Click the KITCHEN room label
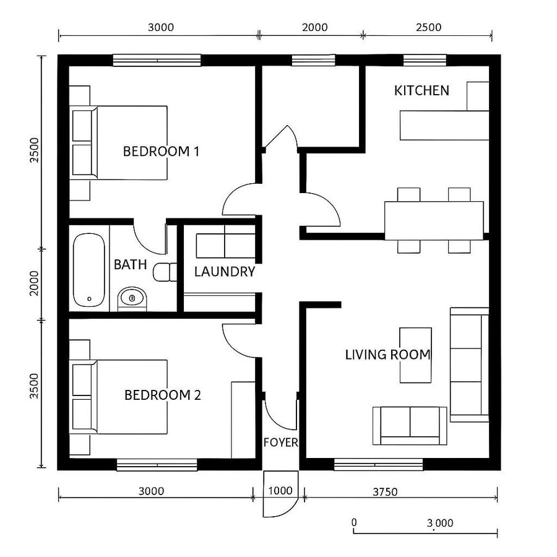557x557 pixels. pyautogui.click(x=421, y=91)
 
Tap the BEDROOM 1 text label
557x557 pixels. pyautogui.click(x=161, y=151)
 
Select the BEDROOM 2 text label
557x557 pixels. pyautogui.click(x=163, y=395)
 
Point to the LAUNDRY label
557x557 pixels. pyautogui.click(x=225, y=272)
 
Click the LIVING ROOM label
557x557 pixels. pyautogui.click(x=387, y=355)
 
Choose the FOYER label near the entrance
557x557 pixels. pyautogui.click(x=281, y=443)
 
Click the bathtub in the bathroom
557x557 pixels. pyautogui.click(x=87, y=270)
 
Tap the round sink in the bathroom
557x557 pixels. pyautogui.click(x=132, y=299)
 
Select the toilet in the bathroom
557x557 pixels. pyautogui.click(x=164, y=272)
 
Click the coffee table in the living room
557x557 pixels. pyautogui.click(x=415, y=355)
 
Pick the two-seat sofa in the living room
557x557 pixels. pyautogui.click(x=410, y=425)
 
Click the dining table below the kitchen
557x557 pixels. pyautogui.click(x=434, y=220)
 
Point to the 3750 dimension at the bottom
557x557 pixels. pyautogui.click(x=385, y=492)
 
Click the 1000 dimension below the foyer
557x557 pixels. pyautogui.click(x=280, y=491)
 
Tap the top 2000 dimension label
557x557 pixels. pyautogui.click(x=315, y=27)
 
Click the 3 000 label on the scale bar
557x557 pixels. pyautogui.click(x=439, y=523)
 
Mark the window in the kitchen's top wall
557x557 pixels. pyautogui.click(x=425, y=60)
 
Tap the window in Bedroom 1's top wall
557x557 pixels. pyautogui.click(x=157, y=60)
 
